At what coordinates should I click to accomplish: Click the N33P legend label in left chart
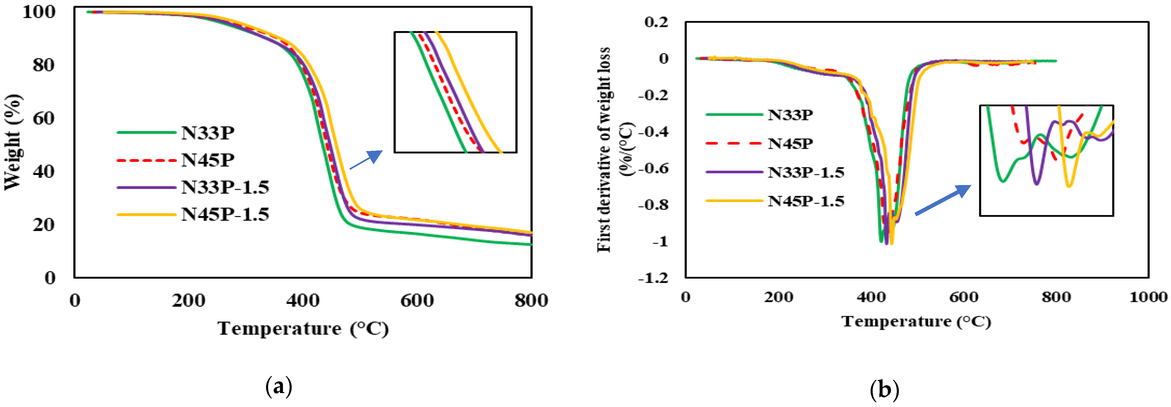207,133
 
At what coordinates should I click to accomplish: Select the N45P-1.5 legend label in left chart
225,214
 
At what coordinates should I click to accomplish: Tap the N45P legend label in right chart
790,144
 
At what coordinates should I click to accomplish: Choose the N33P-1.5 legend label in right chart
805,173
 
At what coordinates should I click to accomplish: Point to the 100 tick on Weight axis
39,12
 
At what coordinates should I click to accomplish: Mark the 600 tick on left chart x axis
417,300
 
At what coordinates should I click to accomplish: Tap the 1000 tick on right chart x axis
1148,297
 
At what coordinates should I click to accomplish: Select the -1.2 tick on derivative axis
653,277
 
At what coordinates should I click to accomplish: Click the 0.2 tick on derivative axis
656,22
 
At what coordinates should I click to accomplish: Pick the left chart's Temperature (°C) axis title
303,328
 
